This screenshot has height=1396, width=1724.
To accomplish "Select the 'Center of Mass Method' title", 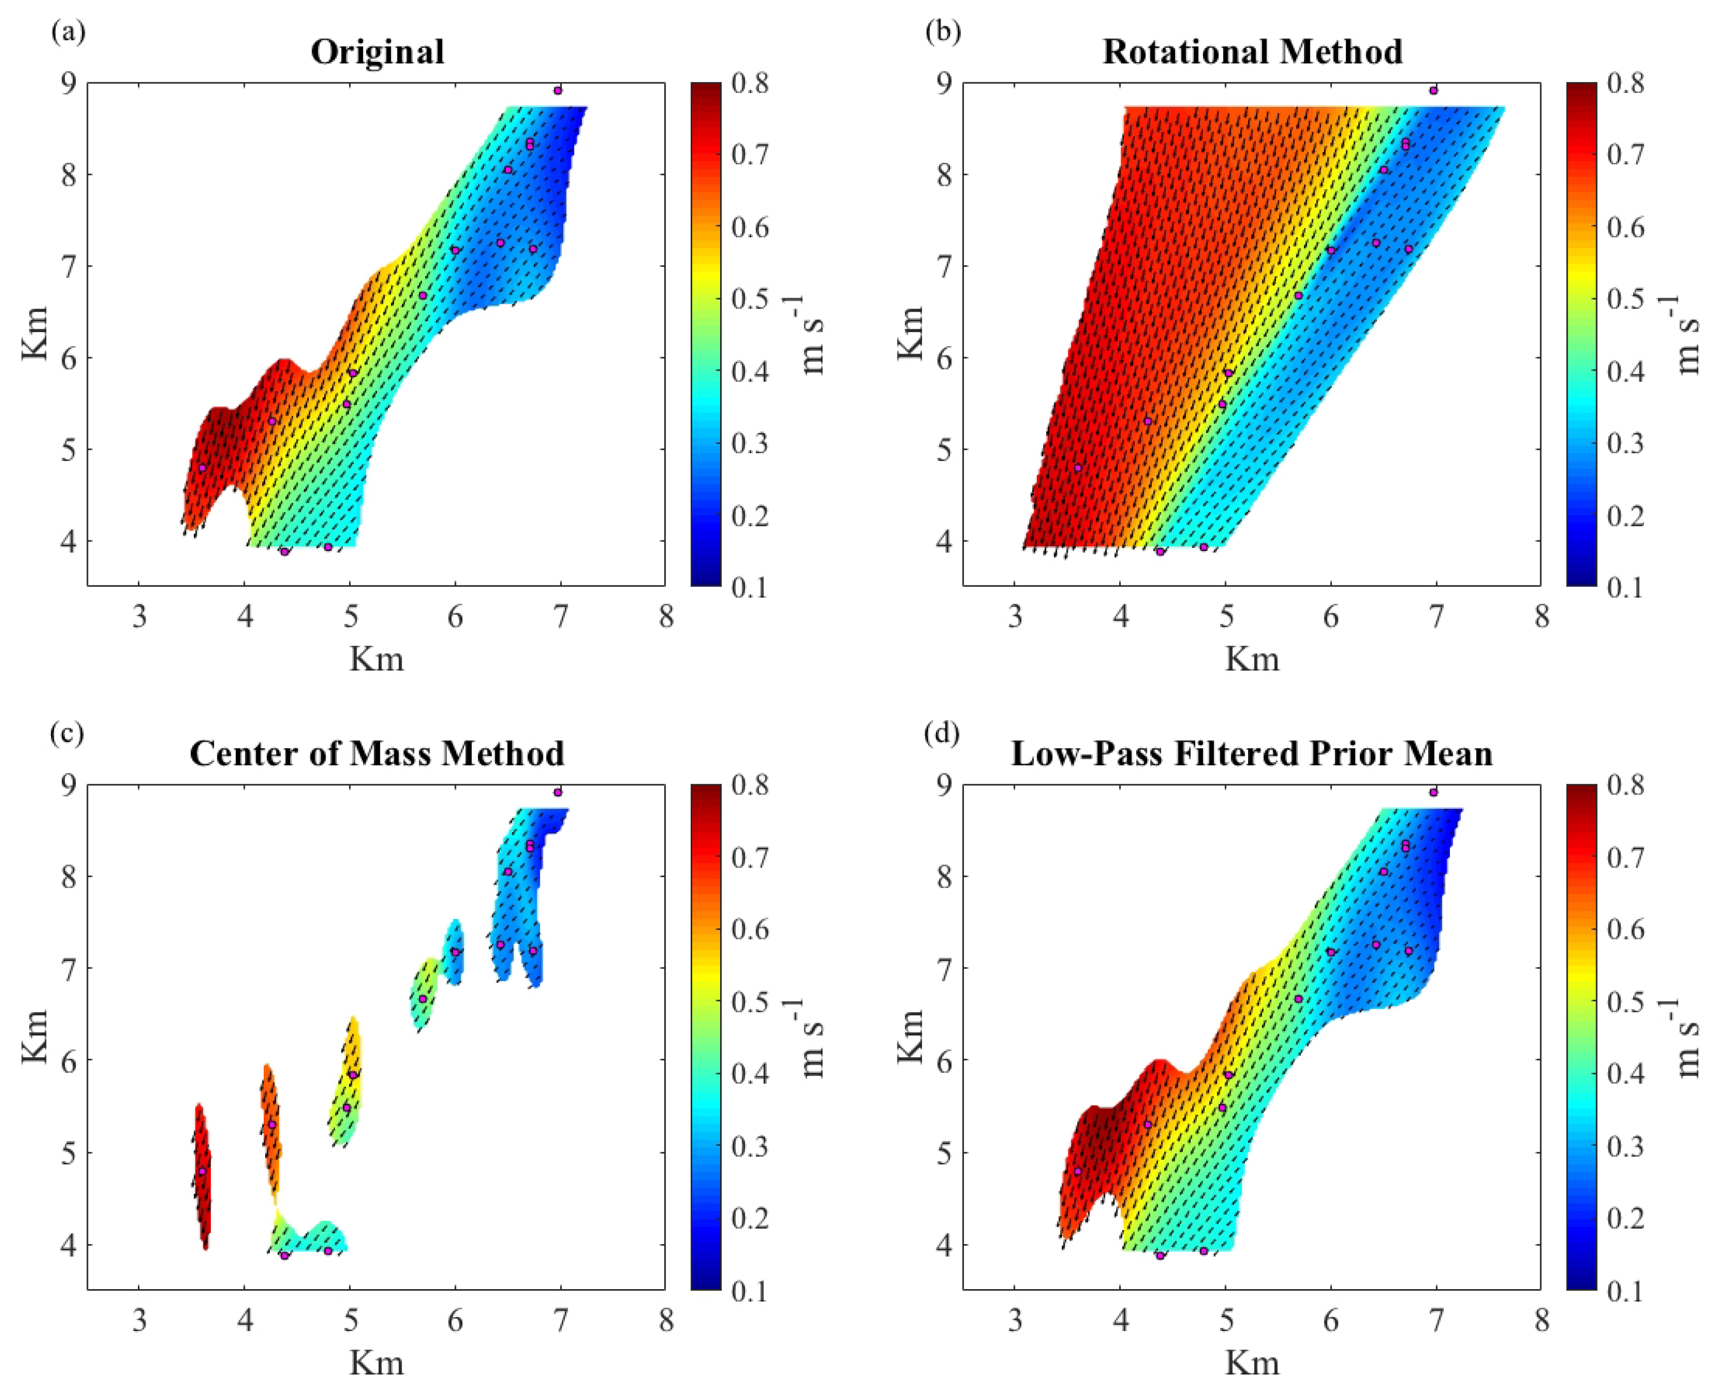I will [377, 754].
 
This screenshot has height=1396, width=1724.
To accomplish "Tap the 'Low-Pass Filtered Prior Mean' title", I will [1252, 754].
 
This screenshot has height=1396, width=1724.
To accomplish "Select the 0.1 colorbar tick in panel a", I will [750, 587].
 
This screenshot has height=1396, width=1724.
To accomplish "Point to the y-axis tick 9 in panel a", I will [67, 83].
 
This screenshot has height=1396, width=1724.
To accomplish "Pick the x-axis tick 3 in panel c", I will [139, 1321].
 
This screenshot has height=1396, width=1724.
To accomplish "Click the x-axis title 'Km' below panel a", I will [377, 659].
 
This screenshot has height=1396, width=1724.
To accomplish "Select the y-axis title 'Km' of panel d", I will [910, 1037].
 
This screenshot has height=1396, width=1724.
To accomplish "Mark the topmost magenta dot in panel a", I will [558, 90].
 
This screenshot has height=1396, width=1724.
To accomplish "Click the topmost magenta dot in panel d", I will [1433, 792].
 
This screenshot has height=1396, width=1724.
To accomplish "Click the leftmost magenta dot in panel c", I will [202, 1171].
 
